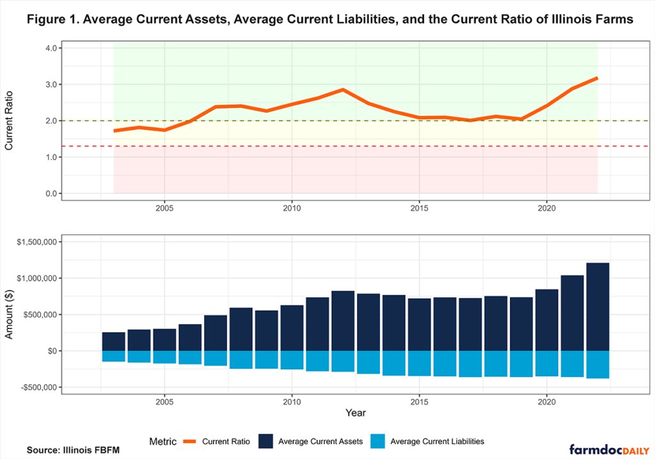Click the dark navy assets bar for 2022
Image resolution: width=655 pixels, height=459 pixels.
598,307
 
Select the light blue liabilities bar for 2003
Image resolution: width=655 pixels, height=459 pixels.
114,356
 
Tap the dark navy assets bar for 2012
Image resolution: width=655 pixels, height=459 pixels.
343,321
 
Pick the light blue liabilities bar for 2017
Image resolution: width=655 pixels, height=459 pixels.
470,364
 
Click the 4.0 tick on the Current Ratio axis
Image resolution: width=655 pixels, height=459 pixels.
51,48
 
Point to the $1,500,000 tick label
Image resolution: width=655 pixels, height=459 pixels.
36,242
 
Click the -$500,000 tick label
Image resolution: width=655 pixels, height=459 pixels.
39,387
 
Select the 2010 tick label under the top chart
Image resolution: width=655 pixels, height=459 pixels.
292,208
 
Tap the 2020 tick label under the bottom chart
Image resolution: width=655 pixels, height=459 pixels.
546,402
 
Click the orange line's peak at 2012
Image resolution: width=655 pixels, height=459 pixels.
343,90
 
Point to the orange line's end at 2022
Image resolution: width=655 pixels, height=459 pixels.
597,77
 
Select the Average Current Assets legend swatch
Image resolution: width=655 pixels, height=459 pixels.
265,442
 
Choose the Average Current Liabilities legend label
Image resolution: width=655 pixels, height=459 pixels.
438,442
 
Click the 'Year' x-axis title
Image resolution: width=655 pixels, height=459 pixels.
356,413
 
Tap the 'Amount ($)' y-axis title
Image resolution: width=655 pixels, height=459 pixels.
9,314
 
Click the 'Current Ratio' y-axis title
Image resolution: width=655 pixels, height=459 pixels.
9,121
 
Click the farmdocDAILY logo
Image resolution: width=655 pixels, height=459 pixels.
610,450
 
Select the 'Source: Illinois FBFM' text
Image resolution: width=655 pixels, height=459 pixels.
73,450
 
